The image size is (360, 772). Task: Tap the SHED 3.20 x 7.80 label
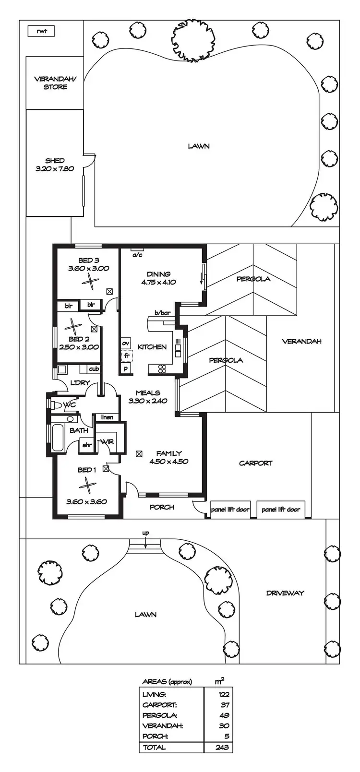tap(55, 165)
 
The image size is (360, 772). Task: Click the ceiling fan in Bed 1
tap(87, 486)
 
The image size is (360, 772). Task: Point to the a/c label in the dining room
tap(137, 255)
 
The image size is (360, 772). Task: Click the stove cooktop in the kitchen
tap(162, 368)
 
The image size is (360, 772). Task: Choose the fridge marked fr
tap(126, 356)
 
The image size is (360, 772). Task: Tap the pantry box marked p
tap(126, 368)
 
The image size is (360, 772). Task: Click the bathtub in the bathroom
tap(58, 437)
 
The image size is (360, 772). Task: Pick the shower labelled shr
tap(87, 445)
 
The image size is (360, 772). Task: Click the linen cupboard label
tap(107, 417)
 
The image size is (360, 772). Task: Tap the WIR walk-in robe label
tap(106, 441)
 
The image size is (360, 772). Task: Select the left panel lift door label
tap(230, 509)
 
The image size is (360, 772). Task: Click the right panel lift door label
tap(281, 509)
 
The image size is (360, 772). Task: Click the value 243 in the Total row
tap(222, 747)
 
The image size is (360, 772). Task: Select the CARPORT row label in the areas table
tap(159, 705)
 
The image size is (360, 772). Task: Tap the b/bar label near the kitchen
tap(162, 313)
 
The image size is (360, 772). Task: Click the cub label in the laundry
tap(94, 369)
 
